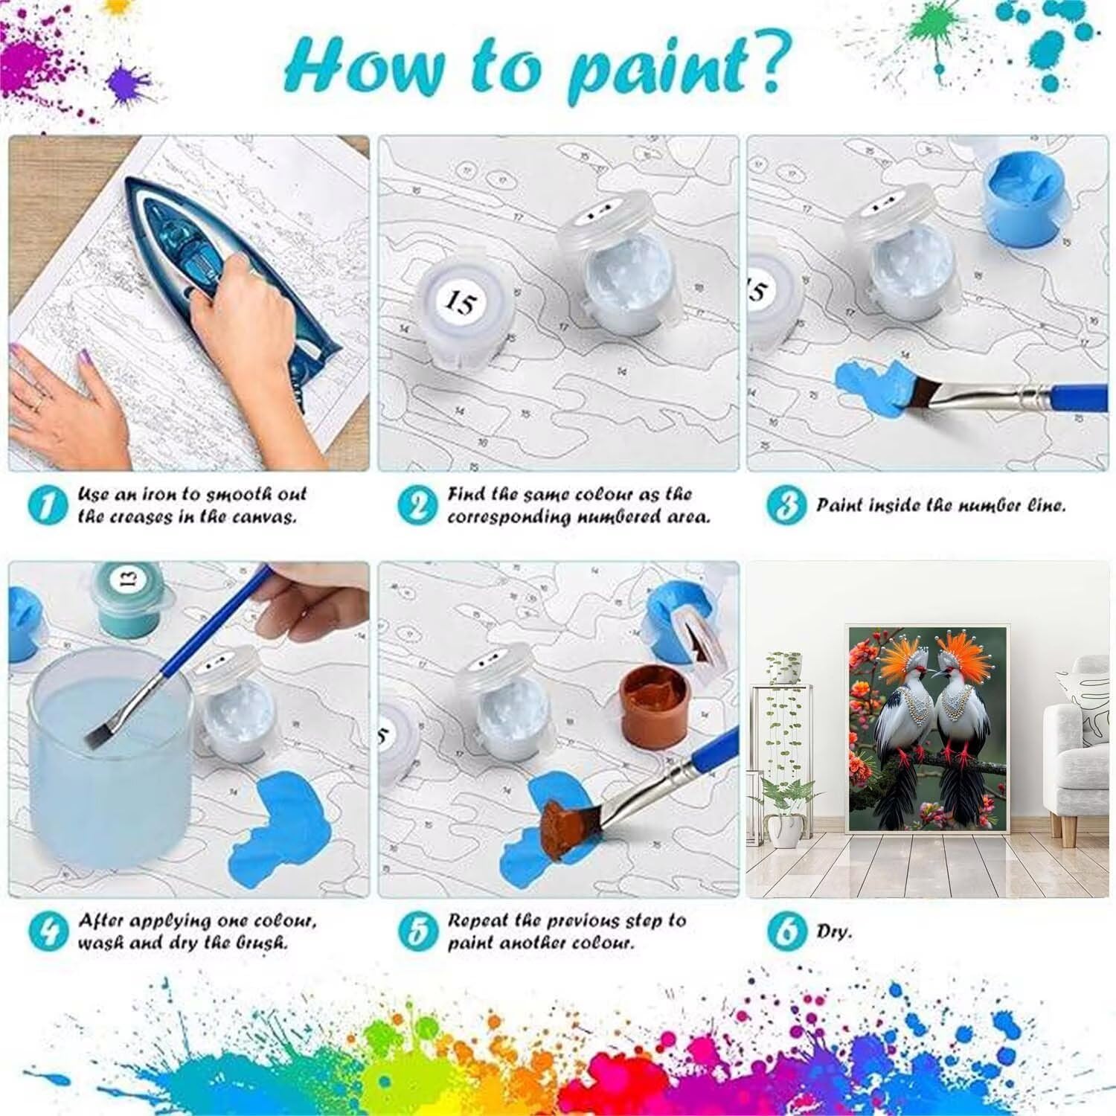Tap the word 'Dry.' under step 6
tap(834, 932)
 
